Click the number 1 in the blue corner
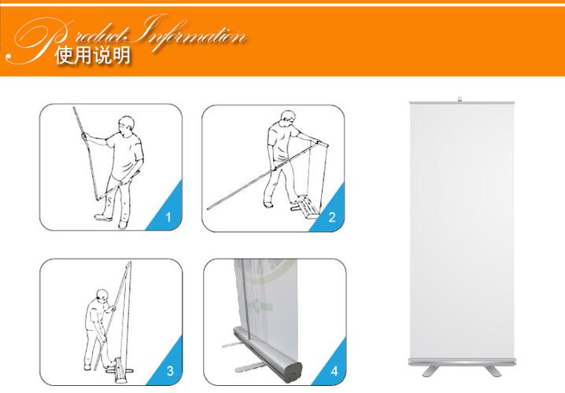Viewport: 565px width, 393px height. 168,218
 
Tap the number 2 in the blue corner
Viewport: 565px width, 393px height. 332,217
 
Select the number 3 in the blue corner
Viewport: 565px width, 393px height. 170,371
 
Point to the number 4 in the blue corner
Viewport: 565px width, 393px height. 334,371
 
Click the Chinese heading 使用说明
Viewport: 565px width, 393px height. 93,56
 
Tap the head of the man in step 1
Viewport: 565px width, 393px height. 127,124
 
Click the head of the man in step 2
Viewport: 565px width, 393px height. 288,118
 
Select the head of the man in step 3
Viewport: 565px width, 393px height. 103,297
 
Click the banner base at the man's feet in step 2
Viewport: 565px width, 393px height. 306,207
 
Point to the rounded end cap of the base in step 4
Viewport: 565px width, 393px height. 294,372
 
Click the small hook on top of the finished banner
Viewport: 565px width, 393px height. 460,99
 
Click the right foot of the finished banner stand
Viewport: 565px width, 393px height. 493,371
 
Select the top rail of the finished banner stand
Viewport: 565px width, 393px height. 462,103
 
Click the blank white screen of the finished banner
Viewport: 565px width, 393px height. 462,231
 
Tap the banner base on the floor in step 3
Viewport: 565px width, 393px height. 119,371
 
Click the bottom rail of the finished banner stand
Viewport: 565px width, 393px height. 462,362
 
